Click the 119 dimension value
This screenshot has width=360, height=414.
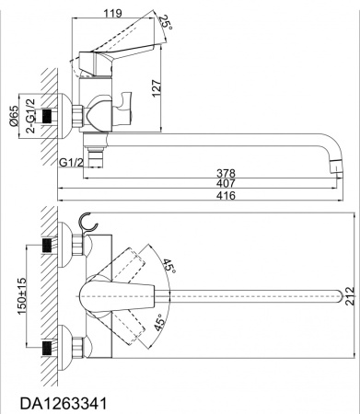point(112,13)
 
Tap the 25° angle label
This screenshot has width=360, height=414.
point(166,22)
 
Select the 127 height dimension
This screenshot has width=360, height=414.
point(156,88)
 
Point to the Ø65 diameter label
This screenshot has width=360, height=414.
point(14,116)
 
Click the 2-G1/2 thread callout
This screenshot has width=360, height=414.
point(30,116)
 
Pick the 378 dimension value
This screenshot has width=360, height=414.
point(226,173)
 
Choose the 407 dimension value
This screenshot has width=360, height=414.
point(226,183)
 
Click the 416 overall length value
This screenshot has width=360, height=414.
point(226,195)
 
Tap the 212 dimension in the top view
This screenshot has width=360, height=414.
point(350,296)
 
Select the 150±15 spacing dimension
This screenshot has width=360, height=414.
point(22,296)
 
